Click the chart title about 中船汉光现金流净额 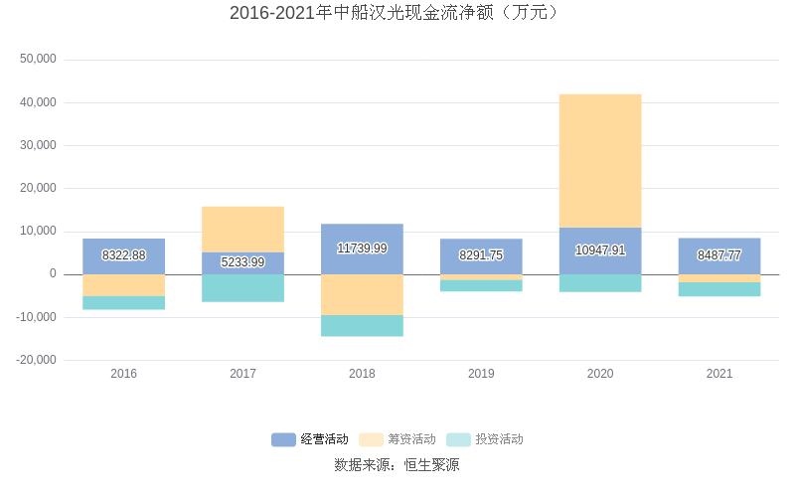[x=397, y=13]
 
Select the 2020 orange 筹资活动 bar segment [x=600, y=161]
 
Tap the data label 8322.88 [x=124, y=255]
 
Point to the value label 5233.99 [x=242, y=262]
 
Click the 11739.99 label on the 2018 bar [x=362, y=249]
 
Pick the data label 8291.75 [x=481, y=255]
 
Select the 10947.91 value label [x=600, y=250]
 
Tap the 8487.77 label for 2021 [x=718, y=255]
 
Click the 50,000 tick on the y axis [x=38, y=60]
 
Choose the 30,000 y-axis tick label [x=38, y=145]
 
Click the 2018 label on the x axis [x=362, y=374]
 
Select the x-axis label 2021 [x=718, y=374]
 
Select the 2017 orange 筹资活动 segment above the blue [x=242, y=229]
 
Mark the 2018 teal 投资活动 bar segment [x=362, y=326]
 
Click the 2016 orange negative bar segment [x=124, y=285]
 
